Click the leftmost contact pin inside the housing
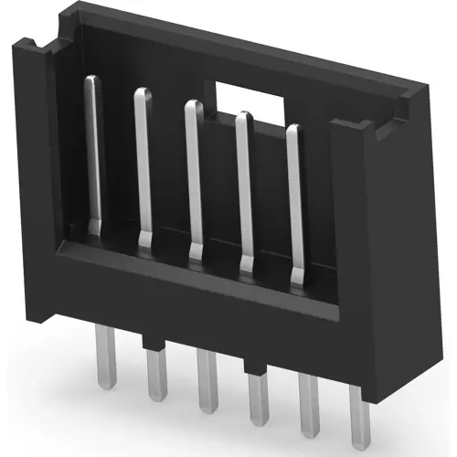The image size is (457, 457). point(92,155)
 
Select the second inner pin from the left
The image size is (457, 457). point(143,165)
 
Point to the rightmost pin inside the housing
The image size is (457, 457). point(293,197)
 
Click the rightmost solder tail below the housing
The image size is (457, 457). point(357,416)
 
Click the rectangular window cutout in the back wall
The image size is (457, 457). point(245,93)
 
